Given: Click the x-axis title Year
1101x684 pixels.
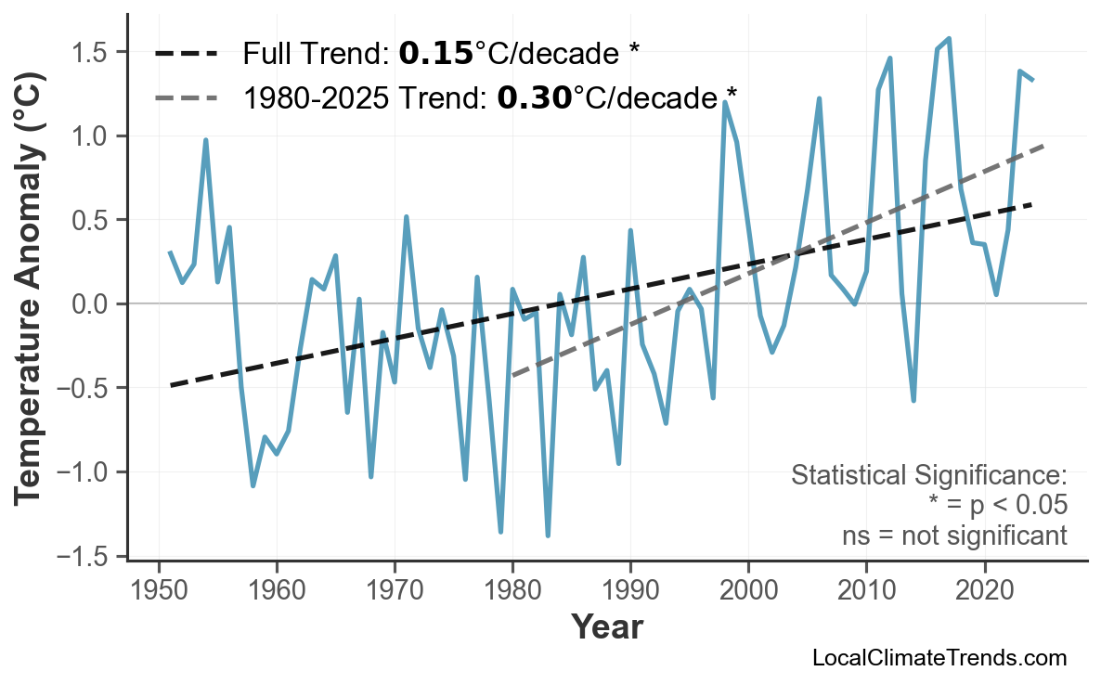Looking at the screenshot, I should [606, 627].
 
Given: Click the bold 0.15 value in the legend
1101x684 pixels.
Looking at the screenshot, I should [435, 54].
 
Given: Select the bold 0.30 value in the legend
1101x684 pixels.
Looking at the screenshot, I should [534, 97].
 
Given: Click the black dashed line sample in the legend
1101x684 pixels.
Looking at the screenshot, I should [186, 54].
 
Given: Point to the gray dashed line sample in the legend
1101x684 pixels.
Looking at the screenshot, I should [186, 97].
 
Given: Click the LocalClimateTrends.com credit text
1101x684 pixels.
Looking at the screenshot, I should [939, 659].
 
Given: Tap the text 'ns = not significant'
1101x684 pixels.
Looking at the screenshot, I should [954, 536].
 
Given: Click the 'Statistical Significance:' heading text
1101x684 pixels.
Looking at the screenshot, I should [928, 476].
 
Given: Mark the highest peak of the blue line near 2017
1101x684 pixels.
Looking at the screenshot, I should [949, 38].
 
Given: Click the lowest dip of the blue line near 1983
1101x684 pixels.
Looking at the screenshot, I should [548, 536].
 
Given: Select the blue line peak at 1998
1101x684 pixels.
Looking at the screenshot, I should [724, 102].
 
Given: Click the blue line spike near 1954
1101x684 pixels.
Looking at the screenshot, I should [205, 140].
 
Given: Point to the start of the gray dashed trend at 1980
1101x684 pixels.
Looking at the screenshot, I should [512, 376].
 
